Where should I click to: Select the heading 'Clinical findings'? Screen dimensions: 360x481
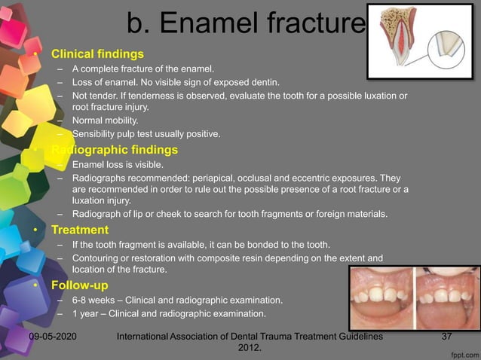[x=97, y=54]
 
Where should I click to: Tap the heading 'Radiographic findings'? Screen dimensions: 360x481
[x=114, y=149]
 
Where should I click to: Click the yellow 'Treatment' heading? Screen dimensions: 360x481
[x=79, y=230]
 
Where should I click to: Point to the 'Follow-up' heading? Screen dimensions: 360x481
[x=80, y=285]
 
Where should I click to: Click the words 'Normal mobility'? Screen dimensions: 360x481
[x=106, y=121]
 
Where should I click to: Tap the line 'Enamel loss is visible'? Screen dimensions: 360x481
[x=117, y=163]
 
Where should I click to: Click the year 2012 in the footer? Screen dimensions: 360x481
[x=250, y=348]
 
